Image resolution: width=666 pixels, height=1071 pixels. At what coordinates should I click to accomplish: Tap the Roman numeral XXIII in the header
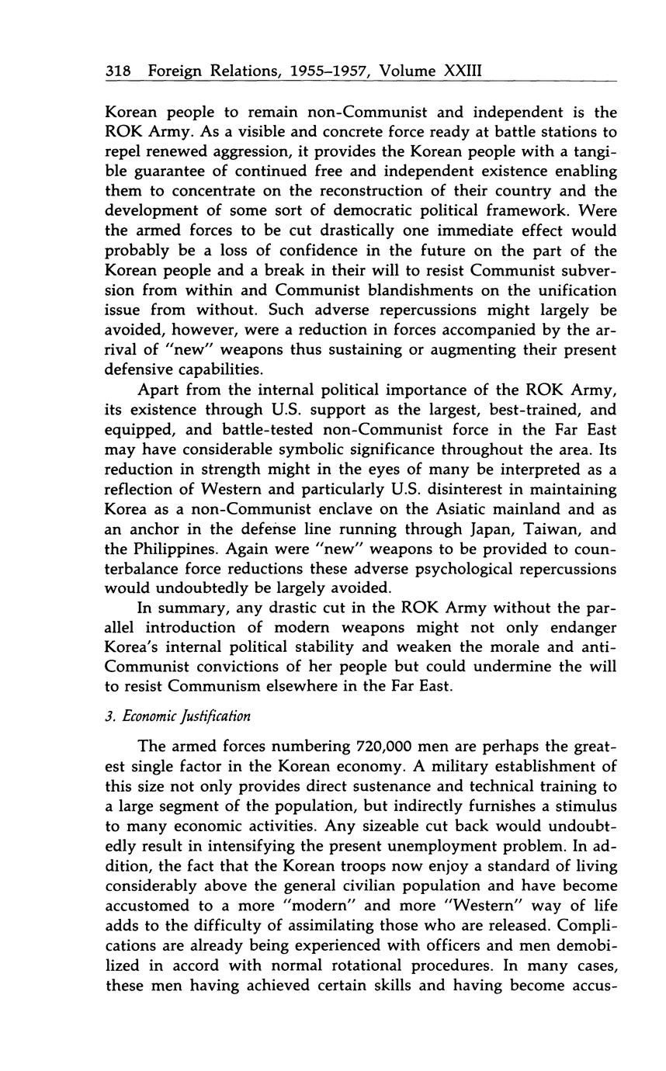[463, 71]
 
